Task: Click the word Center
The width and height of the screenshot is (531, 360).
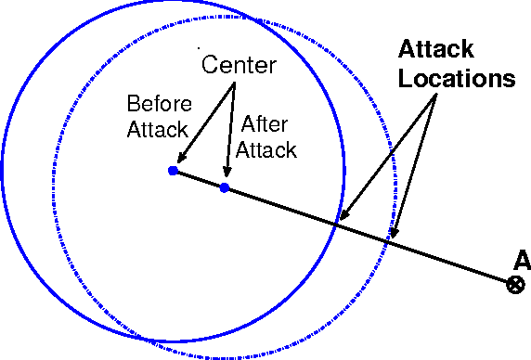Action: [239, 66]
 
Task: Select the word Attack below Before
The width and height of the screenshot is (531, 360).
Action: [158, 128]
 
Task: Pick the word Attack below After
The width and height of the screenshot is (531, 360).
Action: [265, 149]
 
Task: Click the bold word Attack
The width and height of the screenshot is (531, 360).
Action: [436, 48]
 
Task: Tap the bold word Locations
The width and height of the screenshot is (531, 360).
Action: [457, 78]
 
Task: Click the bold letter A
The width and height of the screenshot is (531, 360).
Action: [521, 261]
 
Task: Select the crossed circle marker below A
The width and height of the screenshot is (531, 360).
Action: [515, 284]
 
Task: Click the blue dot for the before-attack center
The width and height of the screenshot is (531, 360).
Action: [173, 171]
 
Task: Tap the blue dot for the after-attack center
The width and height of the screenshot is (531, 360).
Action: [225, 187]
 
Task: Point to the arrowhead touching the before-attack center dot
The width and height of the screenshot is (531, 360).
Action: [181, 161]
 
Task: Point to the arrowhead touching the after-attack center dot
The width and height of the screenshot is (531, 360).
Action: [226, 177]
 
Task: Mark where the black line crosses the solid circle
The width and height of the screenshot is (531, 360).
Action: [336, 223]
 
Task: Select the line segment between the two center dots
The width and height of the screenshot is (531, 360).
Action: [199, 179]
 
